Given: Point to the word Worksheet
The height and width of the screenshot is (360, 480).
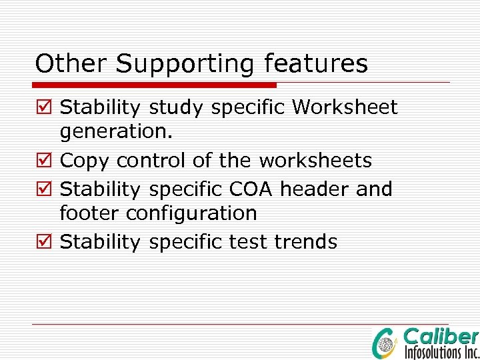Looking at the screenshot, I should pos(345,107).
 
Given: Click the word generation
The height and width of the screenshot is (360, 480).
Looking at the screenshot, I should pos(116,133).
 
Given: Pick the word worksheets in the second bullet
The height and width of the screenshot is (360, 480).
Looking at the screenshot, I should pos(315,161).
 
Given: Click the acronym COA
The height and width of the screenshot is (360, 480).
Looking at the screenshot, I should pos(251,189).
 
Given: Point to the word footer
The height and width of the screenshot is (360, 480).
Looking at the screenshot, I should pos(90,213).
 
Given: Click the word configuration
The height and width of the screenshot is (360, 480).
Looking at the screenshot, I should pos(191,214).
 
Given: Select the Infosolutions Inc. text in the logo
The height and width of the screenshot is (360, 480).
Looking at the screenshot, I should pos(441,351).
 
